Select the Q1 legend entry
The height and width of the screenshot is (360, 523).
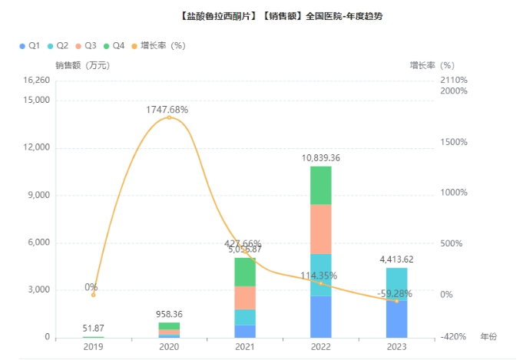(30, 46)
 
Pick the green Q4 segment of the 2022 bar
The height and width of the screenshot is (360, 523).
(321, 185)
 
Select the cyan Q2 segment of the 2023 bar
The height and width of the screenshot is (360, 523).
(397, 282)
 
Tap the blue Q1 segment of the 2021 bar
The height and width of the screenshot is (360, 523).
(245, 331)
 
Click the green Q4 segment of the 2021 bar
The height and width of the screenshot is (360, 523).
(245, 272)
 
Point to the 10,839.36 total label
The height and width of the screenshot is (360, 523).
(321, 157)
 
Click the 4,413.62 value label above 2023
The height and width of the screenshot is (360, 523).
(397, 259)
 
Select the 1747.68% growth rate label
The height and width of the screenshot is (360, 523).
(167, 110)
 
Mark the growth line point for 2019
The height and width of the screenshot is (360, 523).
(94, 295)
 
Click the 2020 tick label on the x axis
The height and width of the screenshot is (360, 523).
(169, 347)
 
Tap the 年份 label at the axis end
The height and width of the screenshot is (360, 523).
(488, 337)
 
